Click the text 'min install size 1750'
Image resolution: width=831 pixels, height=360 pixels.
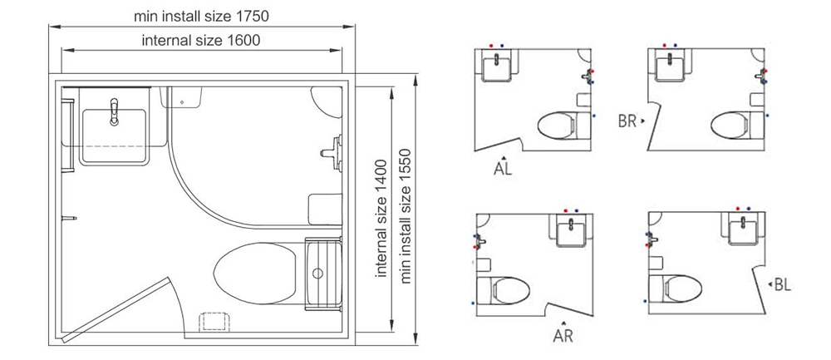click(x=201, y=16)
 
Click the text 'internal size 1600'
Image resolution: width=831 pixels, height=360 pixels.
click(x=201, y=40)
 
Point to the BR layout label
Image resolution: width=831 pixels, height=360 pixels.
click(x=627, y=121)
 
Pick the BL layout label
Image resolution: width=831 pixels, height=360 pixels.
click(x=783, y=285)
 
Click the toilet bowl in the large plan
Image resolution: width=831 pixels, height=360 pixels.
click(x=255, y=274)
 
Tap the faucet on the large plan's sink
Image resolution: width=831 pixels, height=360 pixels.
click(x=114, y=111)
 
